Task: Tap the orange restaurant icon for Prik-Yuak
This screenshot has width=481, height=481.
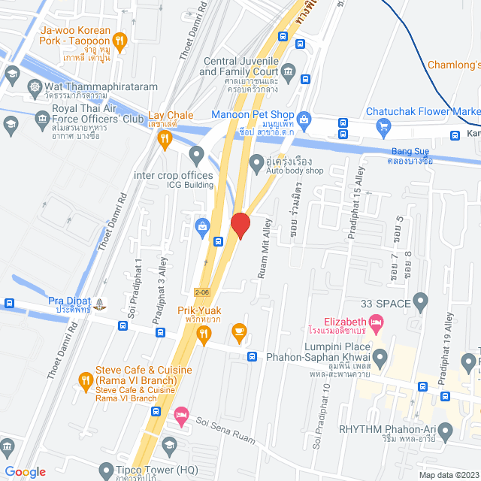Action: coord(204,337)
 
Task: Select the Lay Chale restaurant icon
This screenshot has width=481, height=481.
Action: coord(164,138)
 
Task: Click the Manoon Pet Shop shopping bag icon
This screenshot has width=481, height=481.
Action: coord(304,117)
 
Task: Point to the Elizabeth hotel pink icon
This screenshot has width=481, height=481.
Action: coord(377,322)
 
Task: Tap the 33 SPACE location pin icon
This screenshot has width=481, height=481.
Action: coord(421,304)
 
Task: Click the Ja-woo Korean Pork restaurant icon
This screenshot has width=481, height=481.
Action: coord(118,40)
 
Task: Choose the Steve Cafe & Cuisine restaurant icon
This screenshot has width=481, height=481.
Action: coord(86,381)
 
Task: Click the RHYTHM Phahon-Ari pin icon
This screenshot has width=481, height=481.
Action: coord(446,431)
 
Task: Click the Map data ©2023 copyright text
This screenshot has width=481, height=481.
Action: coord(448,474)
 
